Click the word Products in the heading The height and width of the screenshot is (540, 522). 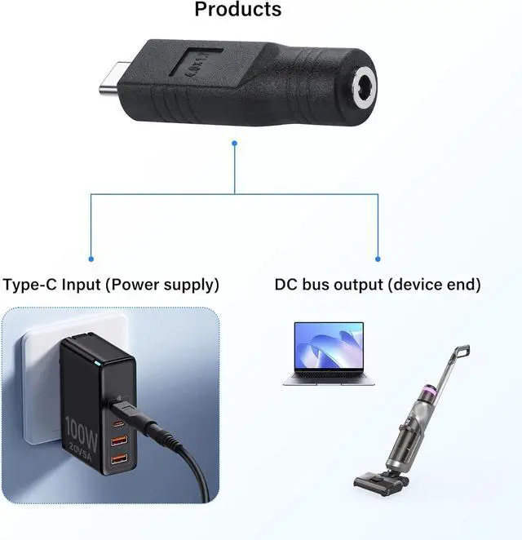(x=238, y=10)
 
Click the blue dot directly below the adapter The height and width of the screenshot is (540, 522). (x=235, y=144)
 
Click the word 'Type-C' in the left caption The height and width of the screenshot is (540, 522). (x=31, y=285)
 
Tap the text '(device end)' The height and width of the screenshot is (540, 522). (x=434, y=285)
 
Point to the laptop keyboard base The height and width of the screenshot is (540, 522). (x=329, y=380)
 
